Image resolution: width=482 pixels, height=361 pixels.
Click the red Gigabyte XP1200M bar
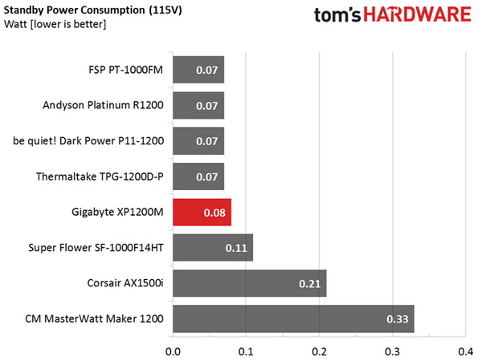[x=202, y=213]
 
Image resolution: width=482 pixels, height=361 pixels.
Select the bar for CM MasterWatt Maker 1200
[x=293, y=319]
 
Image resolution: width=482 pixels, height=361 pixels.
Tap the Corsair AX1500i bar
[x=249, y=283]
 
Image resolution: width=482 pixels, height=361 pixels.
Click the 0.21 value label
[x=310, y=284]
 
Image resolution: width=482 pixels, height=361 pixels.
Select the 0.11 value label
[x=236, y=249]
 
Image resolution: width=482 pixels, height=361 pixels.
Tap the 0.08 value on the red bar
[x=214, y=213]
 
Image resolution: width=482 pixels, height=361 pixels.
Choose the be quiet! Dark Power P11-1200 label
[x=88, y=141]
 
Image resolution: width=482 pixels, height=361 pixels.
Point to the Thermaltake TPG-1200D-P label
[x=100, y=176]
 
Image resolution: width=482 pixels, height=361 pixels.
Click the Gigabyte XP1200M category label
[x=117, y=213]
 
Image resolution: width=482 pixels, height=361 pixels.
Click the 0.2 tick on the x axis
[x=319, y=351]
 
